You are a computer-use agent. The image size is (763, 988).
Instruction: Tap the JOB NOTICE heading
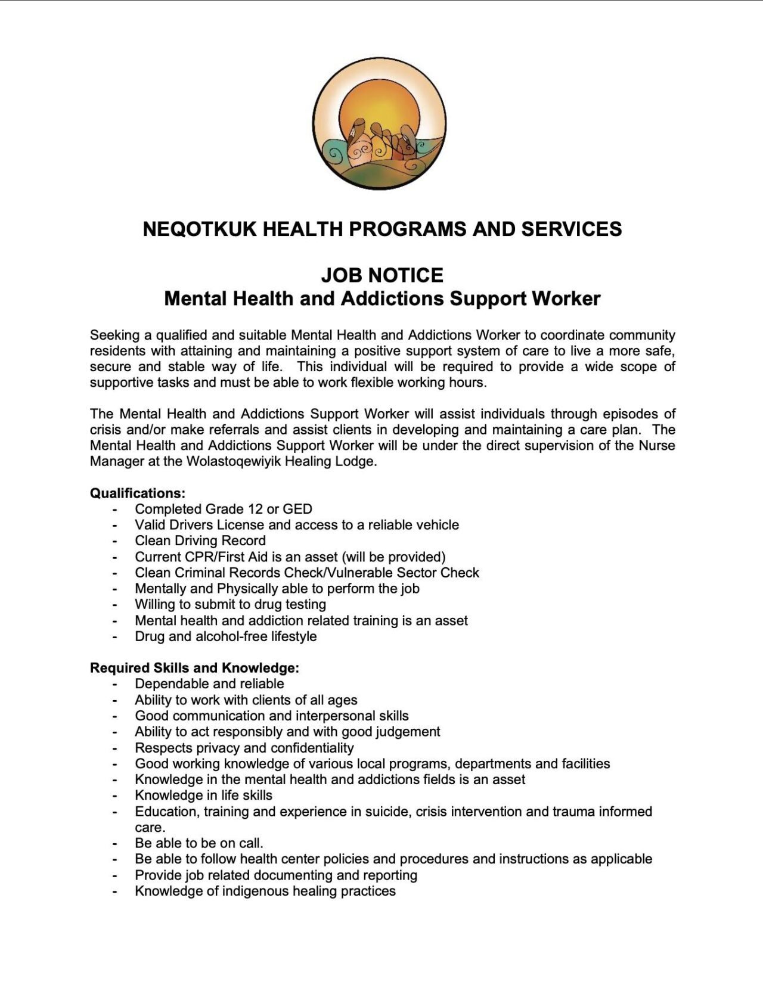[x=382, y=275]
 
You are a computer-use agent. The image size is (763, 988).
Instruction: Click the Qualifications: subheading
[x=138, y=493]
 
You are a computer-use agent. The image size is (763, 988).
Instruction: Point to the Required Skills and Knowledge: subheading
[x=194, y=668]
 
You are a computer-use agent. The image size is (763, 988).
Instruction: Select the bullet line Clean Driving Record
[x=200, y=541]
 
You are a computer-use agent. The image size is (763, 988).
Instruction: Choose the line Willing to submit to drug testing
[x=230, y=605]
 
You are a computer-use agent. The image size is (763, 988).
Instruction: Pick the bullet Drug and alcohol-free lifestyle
[x=225, y=636]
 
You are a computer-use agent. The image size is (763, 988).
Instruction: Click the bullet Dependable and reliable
[x=209, y=684]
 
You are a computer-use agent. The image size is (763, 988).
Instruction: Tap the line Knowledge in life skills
[x=203, y=796]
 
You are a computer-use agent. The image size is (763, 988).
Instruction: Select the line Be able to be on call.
[x=199, y=843]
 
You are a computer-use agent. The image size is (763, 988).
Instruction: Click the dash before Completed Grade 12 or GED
[x=115, y=509]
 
